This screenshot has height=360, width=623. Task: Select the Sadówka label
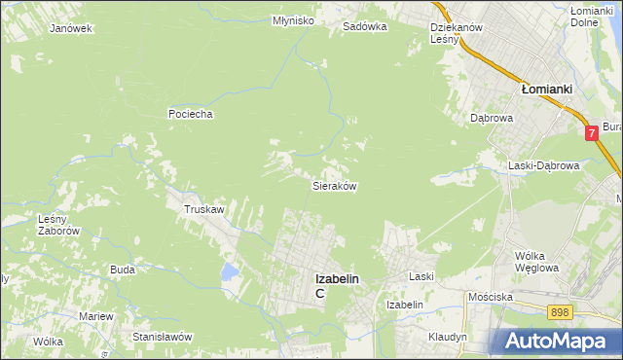coord(364,27)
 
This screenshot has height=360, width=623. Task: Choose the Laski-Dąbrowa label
coord(543,165)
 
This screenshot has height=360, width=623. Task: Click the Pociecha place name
coord(190,114)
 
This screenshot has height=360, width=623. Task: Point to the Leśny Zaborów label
coord(57,225)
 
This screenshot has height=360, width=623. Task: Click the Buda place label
coord(122,270)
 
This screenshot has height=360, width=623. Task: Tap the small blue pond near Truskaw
coord(230,271)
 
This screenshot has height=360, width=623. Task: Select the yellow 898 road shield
coord(559,311)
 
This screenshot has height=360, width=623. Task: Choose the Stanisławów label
coord(164,337)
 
